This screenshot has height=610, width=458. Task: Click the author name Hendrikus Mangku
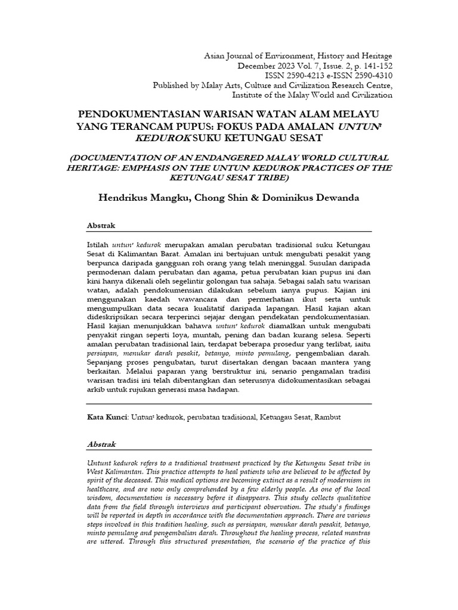tap(141, 197)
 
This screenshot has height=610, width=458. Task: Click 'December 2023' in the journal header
tap(263, 66)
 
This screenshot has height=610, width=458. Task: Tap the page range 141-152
tap(376, 66)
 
